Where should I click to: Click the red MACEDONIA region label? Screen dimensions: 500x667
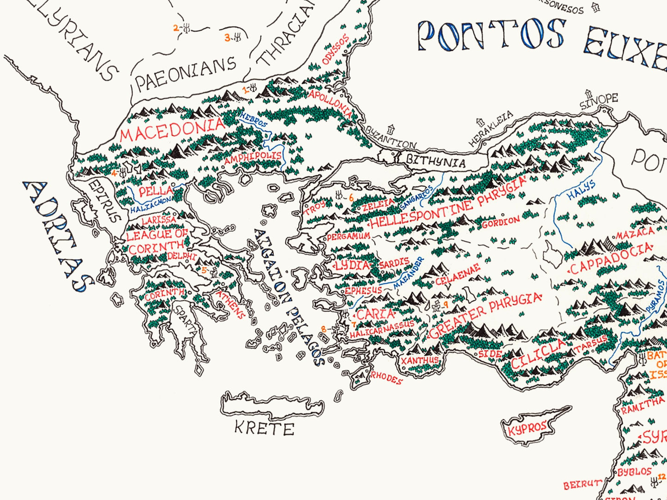pos(172,130)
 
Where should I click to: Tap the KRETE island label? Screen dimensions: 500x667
pos(264,428)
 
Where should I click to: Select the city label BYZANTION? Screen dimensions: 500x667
pos(391,137)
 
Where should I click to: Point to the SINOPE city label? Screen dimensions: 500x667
pos(599,101)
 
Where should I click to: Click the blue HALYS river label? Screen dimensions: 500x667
pos(581,190)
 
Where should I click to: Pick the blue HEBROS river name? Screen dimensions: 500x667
pos(253,121)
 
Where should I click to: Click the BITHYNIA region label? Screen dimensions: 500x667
pos(435,162)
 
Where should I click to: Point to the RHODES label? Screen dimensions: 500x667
pos(387,378)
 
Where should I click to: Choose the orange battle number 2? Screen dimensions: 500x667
pos(175,28)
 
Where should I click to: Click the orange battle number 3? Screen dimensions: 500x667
pos(227,38)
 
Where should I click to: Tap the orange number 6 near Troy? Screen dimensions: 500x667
pos(351,197)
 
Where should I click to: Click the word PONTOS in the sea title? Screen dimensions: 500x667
pos(491,35)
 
